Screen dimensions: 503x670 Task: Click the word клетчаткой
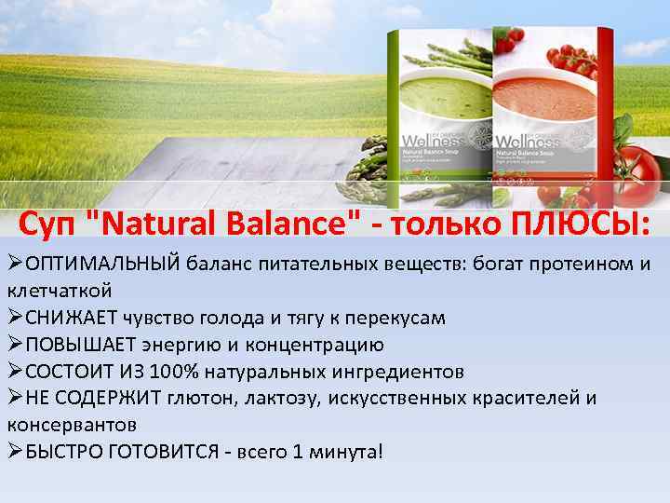[60, 291]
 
